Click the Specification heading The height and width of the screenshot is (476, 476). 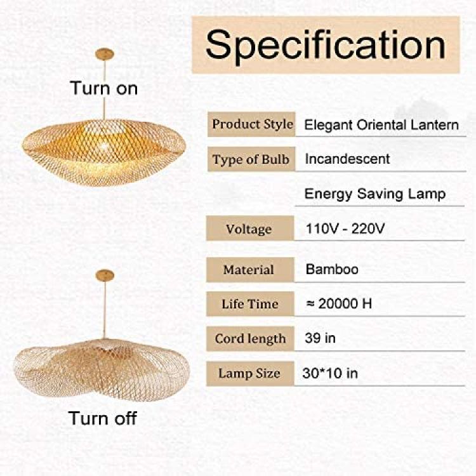point(326,46)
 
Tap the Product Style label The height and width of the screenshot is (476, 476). point(253,124)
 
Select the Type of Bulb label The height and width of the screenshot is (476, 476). point(251,159)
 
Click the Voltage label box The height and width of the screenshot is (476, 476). point(250,228)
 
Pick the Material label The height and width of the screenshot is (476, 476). point(249,270)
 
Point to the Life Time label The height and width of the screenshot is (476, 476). point(250,304)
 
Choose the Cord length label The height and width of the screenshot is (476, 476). point(251,339)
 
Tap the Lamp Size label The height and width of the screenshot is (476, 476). point(249,373)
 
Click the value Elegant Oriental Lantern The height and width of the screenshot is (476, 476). point(381,125)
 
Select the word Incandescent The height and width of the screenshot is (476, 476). point(347,159)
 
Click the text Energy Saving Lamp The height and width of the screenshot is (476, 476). point(375,194)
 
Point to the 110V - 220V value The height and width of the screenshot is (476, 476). point(345,228)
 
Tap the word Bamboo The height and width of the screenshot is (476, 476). point(332,269)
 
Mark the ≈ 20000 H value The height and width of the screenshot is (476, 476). point(339,303)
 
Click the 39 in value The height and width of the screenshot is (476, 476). point(320,338)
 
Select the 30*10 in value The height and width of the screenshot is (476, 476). point(330,373)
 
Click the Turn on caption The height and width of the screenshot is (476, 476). point(104,88)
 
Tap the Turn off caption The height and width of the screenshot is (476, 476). point(103,418)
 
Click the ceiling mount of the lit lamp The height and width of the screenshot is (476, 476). point(105,54)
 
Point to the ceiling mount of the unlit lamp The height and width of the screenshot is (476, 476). point(105,275)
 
